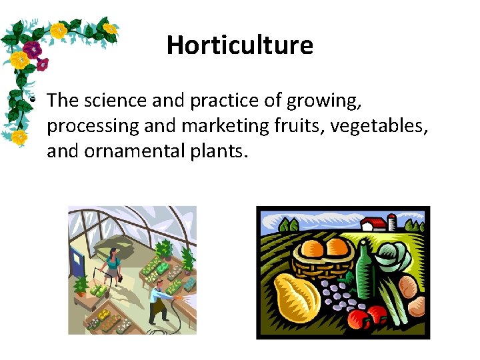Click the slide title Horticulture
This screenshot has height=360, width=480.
click(x=239, y=45)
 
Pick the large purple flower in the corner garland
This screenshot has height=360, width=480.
click(x=31, y=49)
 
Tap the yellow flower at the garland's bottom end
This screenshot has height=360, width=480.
click(x=19, y=137)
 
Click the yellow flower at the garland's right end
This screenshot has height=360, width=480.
click(x=109, y=29)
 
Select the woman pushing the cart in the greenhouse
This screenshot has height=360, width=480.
click(x=111, y=263)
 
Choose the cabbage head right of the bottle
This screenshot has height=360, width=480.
click(x=394, y=259)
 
